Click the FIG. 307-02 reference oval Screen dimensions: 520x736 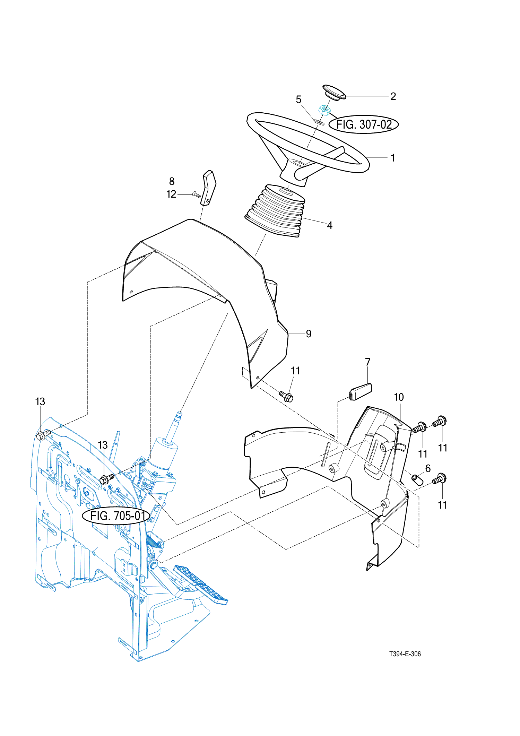click(364, 124)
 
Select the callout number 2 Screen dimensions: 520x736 click(393, 96)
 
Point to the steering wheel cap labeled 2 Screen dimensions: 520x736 click(334, 92)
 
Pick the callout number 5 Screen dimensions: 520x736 click(298, 100)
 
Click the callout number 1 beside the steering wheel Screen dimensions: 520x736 click(393, 158)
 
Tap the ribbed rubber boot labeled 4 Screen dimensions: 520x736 click(275, 210)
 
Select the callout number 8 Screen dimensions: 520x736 click(172, 181)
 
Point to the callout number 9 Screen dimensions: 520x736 click(309, 334)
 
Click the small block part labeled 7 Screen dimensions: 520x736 click(360, 392)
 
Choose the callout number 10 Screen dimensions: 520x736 click(399, 397)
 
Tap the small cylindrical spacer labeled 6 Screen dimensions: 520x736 click(417, 480)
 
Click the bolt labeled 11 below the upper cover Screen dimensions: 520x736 click(286, 396)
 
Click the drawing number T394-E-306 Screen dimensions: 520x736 click(405, 654)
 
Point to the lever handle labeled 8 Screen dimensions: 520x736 click(209, 188)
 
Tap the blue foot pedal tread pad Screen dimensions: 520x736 click(201, 585)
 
